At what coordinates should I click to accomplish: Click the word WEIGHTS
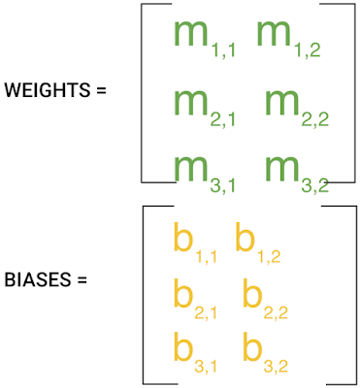[48, 90]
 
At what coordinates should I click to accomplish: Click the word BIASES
[37, 279]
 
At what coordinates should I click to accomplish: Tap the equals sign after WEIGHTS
[101, 90]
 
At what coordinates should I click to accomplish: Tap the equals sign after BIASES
[82, 280]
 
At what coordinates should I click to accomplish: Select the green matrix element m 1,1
[204, 40]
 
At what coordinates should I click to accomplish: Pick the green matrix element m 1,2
[288, 40]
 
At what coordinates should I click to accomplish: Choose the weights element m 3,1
[204, 175]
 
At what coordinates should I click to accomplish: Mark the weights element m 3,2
[297, 175]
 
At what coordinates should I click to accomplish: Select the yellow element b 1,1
[195, 242]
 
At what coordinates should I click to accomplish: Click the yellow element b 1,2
[257, 242]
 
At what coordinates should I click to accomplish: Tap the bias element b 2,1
[195, 299]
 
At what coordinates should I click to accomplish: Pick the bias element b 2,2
[265, 299]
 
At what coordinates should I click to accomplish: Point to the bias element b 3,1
[195, 352]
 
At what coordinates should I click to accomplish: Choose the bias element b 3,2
[265, 352]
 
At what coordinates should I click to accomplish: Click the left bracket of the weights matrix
[142, 93]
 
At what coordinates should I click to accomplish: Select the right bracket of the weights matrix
[355, 93]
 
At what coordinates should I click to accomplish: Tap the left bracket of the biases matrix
[144, 295]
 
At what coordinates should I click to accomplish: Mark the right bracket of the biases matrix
[356, 295]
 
